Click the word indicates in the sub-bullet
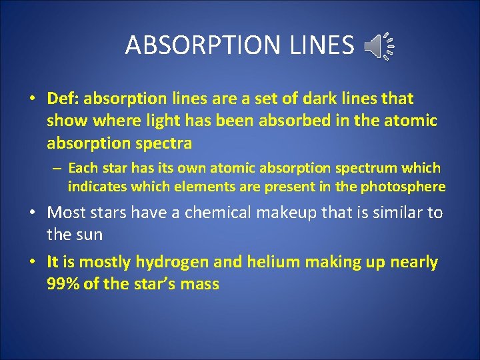(x=97, y=187)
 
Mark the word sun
(x=92, y=234)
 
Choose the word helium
(x=273, y=262)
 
